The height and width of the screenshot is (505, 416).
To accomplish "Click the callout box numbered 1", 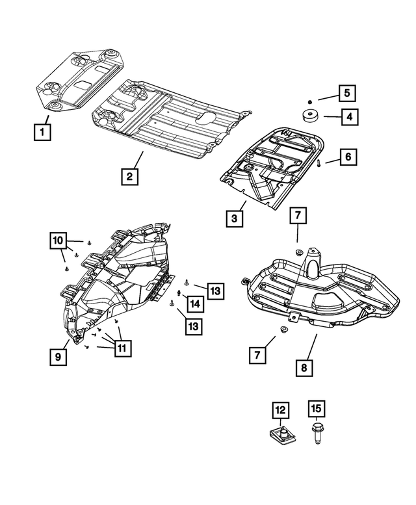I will (42, 133).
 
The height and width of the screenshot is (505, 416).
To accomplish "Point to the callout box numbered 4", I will (348, 118).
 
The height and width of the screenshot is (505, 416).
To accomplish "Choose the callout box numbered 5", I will (347, 93).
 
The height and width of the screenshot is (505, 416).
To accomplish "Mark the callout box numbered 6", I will (348, 157).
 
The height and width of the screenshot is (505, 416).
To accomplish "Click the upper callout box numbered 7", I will (296, 216).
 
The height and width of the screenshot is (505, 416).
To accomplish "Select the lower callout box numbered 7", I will (258, 354).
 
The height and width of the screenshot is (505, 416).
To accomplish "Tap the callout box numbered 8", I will (304, 367).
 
